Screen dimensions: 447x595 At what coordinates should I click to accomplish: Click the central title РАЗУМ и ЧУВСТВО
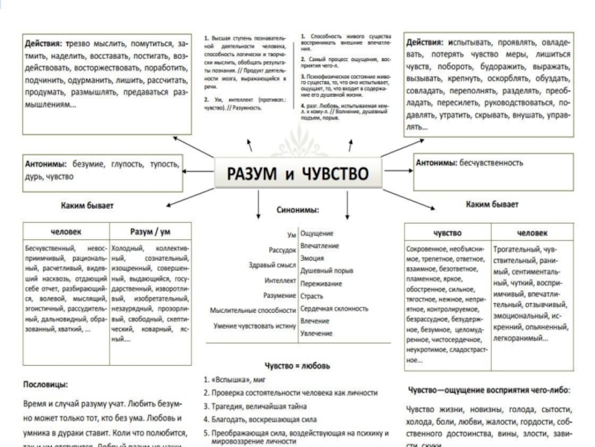(x=297, y=174)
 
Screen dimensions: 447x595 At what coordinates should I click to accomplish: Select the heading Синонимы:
(x=297, y=211)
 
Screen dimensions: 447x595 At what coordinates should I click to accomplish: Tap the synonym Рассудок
(x=282, y=250)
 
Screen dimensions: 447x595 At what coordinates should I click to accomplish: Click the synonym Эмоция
(x=312, y=258)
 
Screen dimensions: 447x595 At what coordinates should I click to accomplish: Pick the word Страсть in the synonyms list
(x=312, y=296)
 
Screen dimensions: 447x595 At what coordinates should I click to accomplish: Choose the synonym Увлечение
(x=316, y=333)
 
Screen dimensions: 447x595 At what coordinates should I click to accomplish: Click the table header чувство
(x=448, y=232)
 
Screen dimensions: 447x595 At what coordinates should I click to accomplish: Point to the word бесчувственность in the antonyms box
(x=491, y=162)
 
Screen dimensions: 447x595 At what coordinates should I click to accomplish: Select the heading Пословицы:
(x=46, y=384)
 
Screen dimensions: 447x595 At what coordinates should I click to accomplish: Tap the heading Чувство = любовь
(x=297, y=367)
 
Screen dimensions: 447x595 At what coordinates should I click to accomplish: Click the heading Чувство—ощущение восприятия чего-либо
(x=488, y=390)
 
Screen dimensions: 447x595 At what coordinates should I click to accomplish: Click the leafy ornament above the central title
(x=297, y=142)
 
